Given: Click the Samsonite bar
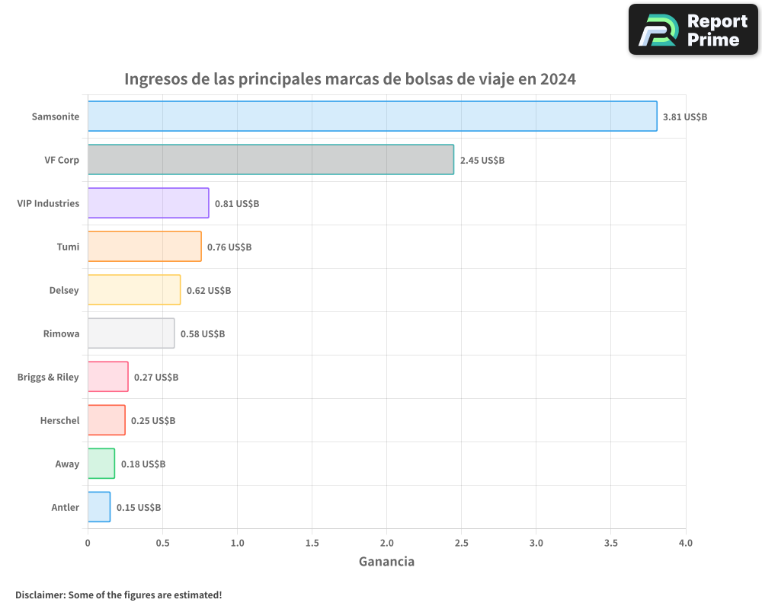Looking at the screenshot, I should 372,116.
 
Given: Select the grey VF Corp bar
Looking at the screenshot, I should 271,160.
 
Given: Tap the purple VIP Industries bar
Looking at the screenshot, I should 148,203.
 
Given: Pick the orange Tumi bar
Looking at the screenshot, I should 144,247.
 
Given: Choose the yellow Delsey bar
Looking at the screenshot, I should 134,290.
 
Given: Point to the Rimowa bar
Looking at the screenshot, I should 131,333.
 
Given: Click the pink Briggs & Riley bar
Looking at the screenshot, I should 107,377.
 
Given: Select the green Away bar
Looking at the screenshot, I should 101,464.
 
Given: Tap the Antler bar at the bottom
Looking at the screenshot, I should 99,507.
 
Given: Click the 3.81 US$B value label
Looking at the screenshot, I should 685,117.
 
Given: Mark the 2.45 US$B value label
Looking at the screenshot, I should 482,161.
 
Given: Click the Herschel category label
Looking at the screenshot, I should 59,421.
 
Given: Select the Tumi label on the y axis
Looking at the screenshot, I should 68,247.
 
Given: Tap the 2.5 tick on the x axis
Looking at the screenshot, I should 462,544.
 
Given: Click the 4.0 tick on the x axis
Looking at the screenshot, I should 685,544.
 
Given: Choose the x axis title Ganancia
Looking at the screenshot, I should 386,562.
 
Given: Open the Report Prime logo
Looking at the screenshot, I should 693,30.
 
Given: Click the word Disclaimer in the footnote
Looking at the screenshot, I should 39,595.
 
